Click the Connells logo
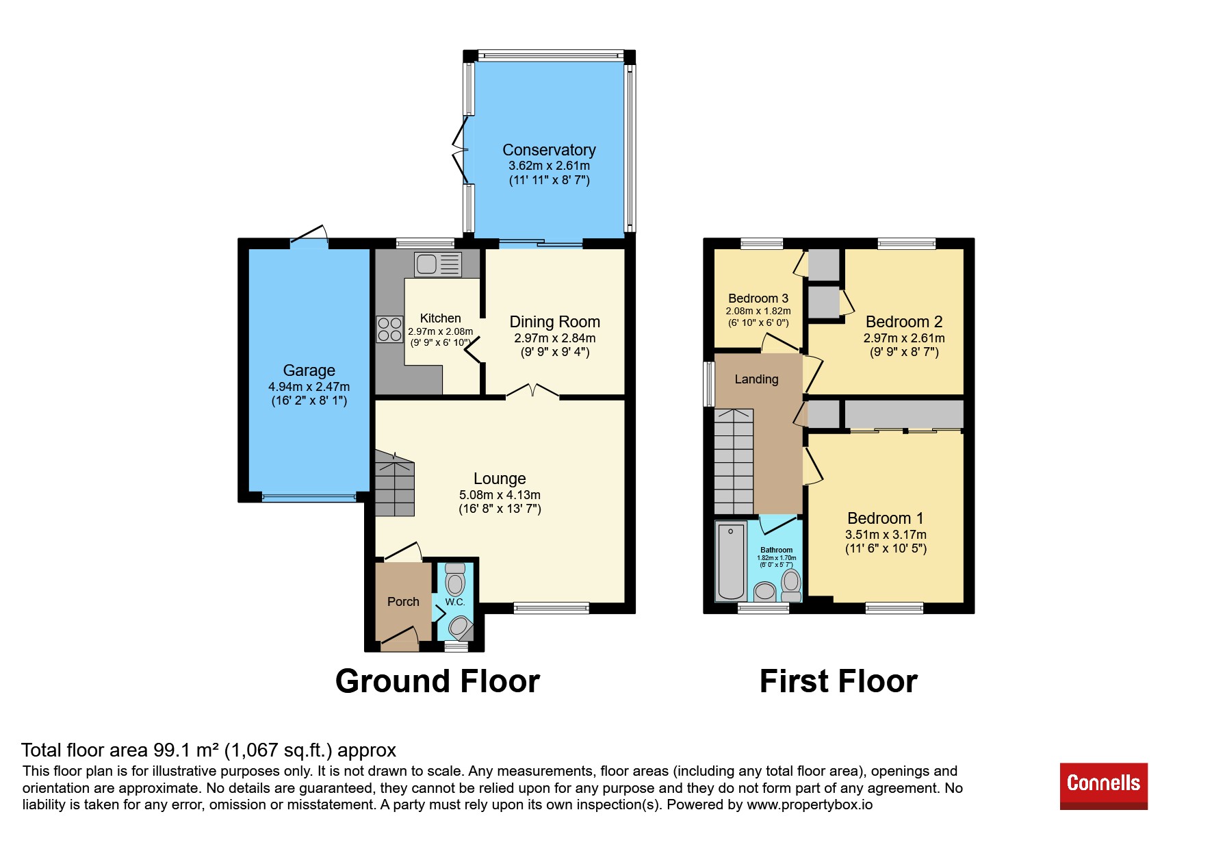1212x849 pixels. tap(1103, 785)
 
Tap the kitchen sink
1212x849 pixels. tap(438, 264)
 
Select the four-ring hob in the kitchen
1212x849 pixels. tap(389, 329)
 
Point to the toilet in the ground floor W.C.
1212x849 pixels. tap(455, 579)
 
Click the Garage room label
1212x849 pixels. tap(309, 370)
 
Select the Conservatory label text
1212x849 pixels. tap(549, 150)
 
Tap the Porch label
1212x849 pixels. tap(403, 602)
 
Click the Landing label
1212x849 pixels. tap(756, 379)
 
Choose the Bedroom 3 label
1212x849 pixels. tap(758, 299)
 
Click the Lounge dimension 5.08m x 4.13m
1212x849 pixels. tap(500, 495)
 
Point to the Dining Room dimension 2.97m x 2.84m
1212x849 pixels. tap(555, 338)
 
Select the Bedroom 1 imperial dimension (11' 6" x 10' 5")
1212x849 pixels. tap(886, 548)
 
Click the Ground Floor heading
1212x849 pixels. tap(438, 681)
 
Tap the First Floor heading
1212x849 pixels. tap(838, 681)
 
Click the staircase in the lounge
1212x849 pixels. tap(394, 483)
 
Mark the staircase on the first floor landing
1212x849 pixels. tap(734, 461)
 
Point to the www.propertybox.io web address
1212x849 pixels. tap(810, 804)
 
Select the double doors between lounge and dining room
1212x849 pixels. tap(532, 391)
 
